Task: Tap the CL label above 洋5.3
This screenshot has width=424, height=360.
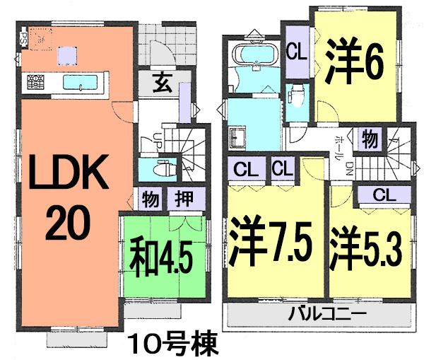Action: [379, 194]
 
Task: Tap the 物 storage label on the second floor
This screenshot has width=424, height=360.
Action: [369, 139]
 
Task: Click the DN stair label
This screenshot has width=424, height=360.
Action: [348, 167]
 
